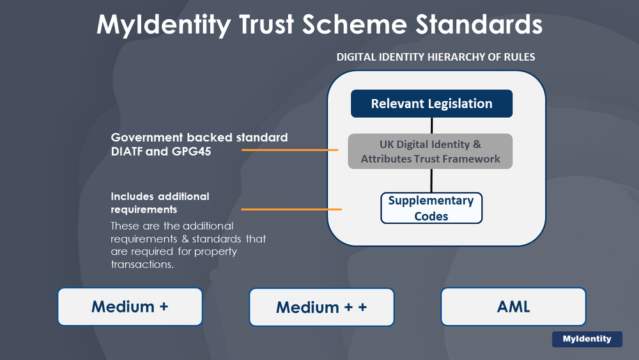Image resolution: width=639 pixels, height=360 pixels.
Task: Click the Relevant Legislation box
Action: (431, 104)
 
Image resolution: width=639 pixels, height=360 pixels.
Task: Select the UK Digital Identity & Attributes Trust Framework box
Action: (431, 151)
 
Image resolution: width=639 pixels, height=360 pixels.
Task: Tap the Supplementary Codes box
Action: (431, 208)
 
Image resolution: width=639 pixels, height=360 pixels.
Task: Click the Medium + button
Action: (130, 306)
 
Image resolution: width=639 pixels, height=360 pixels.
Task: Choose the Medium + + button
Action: (321, 307)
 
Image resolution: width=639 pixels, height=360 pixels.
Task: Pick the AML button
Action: (513, 306)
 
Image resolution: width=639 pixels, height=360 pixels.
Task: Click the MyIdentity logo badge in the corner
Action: (587, 339)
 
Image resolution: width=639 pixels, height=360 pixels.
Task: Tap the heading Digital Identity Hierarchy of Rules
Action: (436, 57)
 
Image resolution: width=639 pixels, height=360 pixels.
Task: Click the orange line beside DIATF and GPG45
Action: (289, 150)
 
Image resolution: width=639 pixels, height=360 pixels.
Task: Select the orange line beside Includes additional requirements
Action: (291, 209)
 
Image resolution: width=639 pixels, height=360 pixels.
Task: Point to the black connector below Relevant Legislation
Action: (432, 125)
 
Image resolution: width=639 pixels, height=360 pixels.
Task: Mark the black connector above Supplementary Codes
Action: (432, 180)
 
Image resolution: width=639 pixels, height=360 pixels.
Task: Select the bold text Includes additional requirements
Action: (160, 203)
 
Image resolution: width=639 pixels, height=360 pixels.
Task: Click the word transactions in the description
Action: (142, 264)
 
